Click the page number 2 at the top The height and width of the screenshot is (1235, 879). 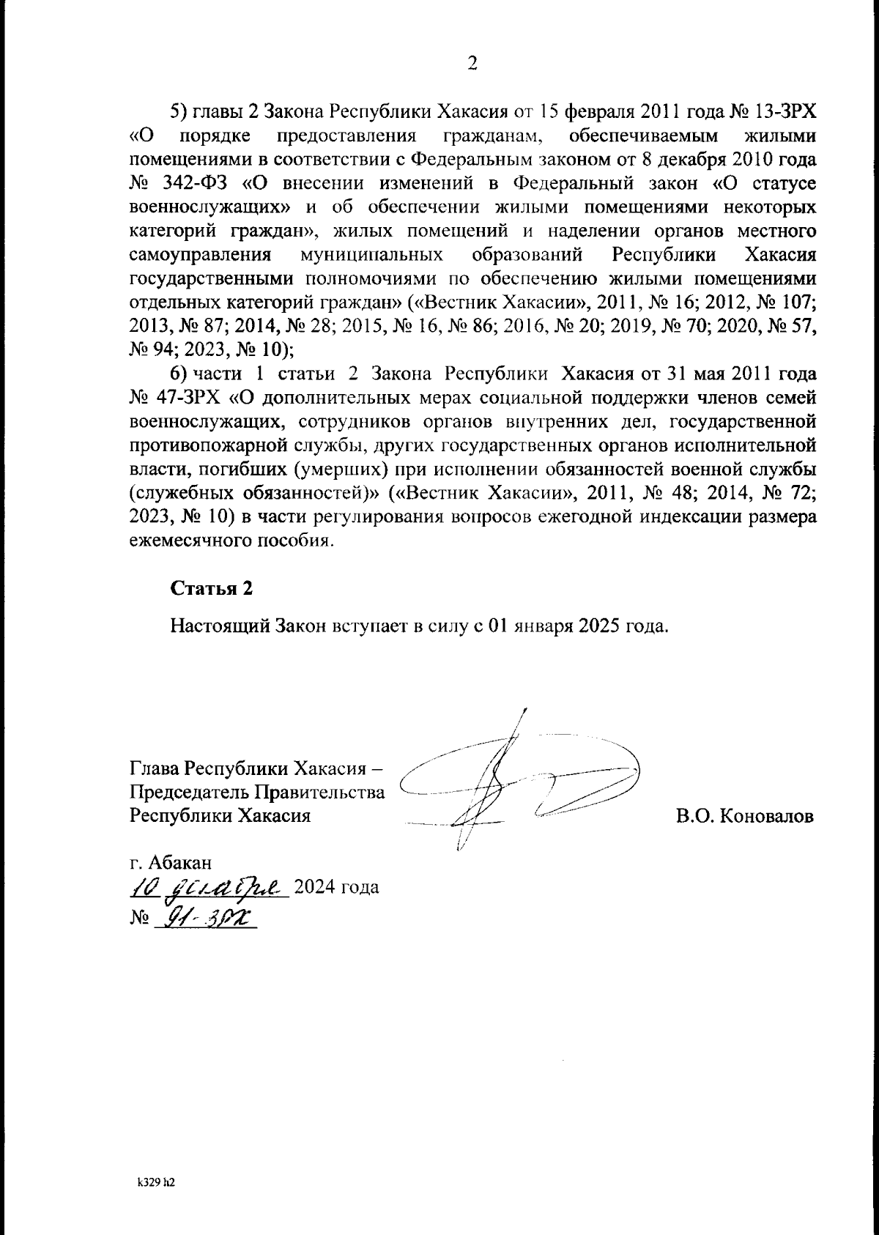tap(472, 64)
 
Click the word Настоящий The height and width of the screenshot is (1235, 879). tap(212, 628)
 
